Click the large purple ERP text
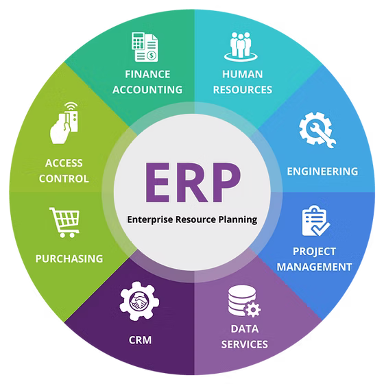pos(193,182)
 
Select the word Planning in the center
pos(237,219)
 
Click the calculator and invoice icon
pos(145,47)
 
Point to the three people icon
pos(241,47)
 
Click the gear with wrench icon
pos(317,130)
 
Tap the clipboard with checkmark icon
pos(315,221)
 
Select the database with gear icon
pos(244,301)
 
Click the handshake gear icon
pos(139,301)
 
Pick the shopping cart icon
pos(65,223)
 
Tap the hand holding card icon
pos(64,123)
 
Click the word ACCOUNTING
pos(147,90)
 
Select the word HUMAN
pos(243,74)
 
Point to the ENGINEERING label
pos(322,171)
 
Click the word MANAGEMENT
pos(315,267)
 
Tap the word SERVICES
pos(244,344)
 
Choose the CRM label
pos(140,340)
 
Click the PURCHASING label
pos(69,259)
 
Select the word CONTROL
pos(64,178)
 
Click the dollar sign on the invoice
pos(152,56)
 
